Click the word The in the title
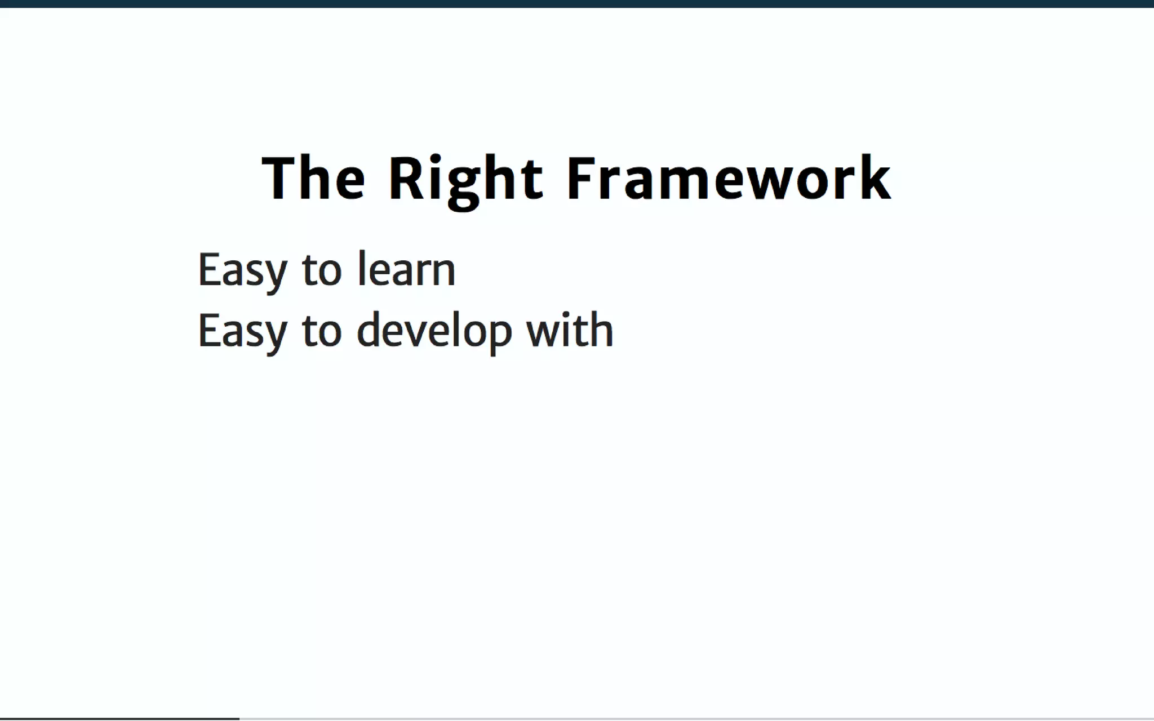pyautogui.click(x=313, y=179)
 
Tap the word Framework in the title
pyautogui.click(x=728, y=179)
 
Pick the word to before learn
pyautogui.click(x=322, y=271)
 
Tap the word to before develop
pyautogui.click(x=322, y=332)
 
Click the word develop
pyautogui.click(x=434, y=332)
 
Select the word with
pyautogui.click(x=569, y=331)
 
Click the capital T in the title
pyautogui.click(x=279, y=179)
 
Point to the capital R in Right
pyautogui.click(x=406, y=179)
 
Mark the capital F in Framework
pyautogui.click(x=580, y=179)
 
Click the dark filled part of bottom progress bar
pyautogui.click(x=119, y=718)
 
